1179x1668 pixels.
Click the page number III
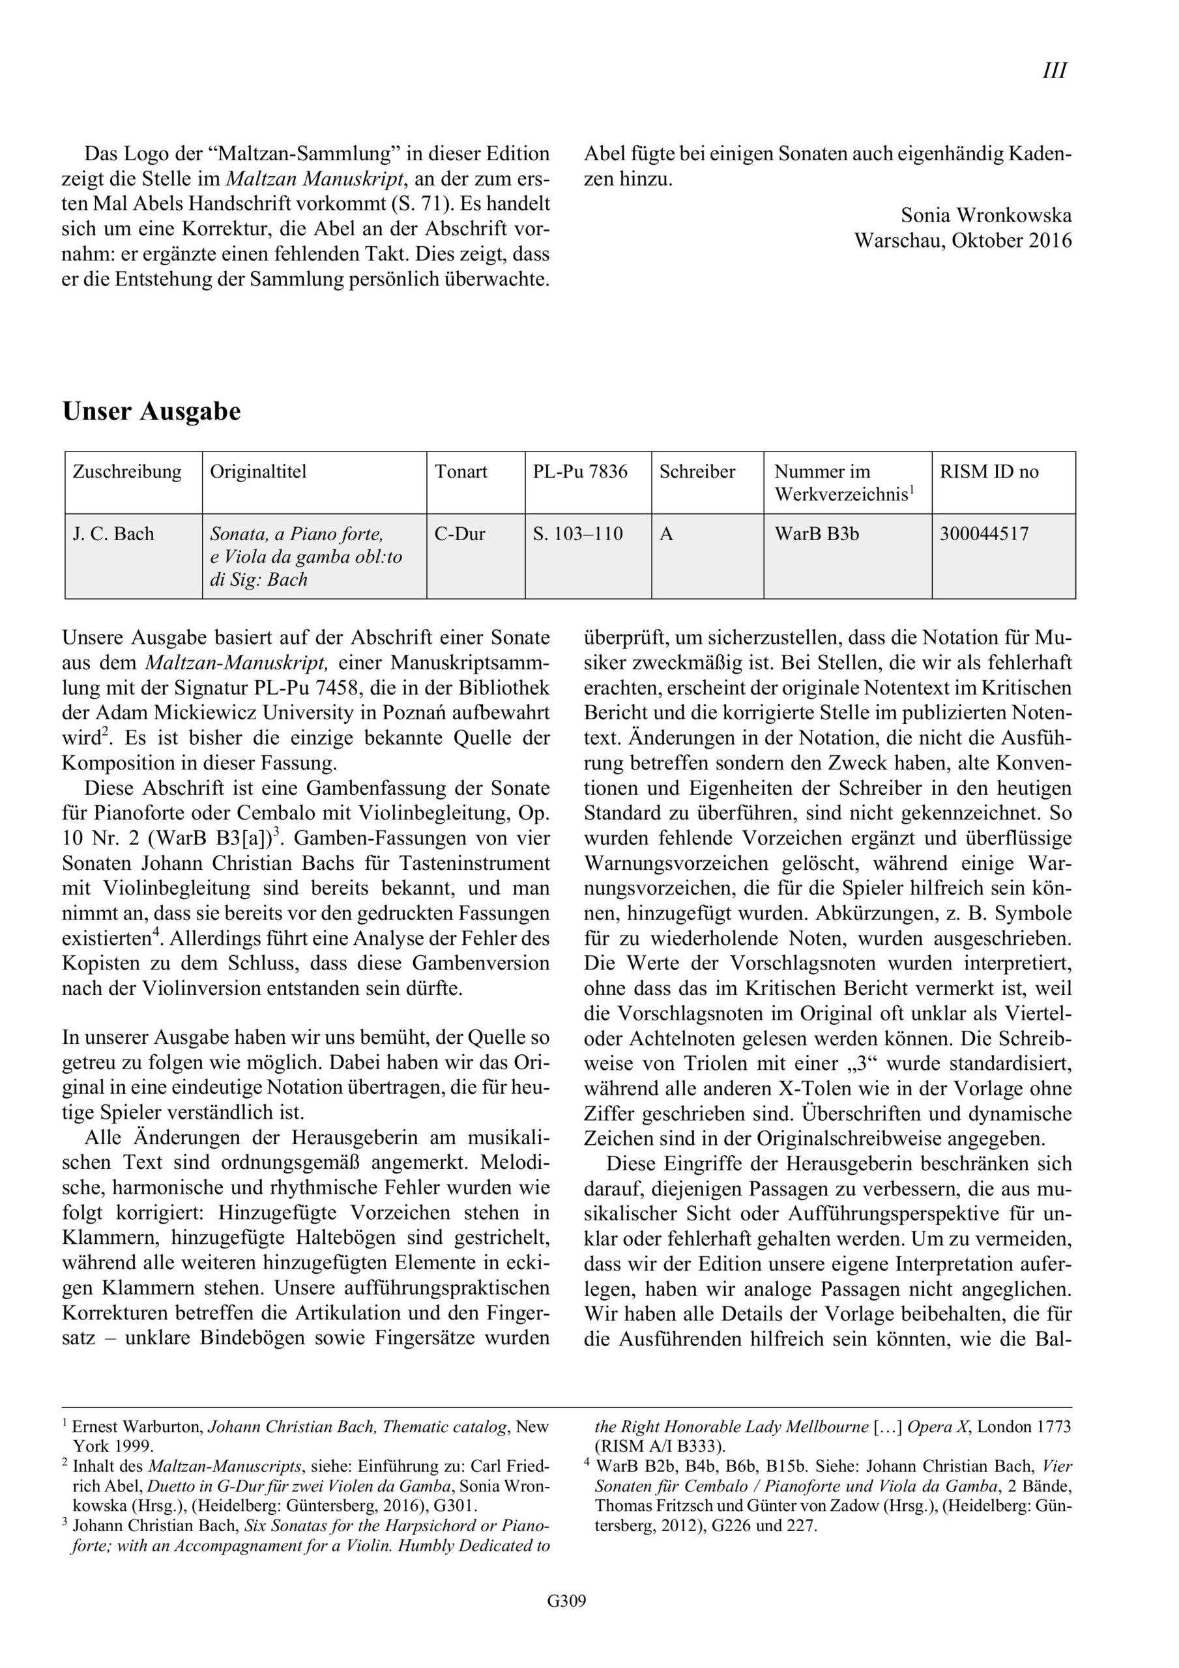(1054, 70)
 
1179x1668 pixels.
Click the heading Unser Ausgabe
(151, 411)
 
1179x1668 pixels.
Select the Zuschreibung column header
(126, 472)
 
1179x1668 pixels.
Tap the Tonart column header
(461, 472)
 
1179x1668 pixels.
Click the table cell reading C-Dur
(459, 534)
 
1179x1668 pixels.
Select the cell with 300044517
(984, 534)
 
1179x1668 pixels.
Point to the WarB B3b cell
(816, 534)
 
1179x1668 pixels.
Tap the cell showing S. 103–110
(578, 534)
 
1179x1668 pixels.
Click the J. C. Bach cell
(113, 534)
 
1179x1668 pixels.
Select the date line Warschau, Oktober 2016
(963, 240)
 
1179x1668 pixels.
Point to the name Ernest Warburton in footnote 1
(138, 1427)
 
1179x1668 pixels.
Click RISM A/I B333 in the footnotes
(660, 1446)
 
